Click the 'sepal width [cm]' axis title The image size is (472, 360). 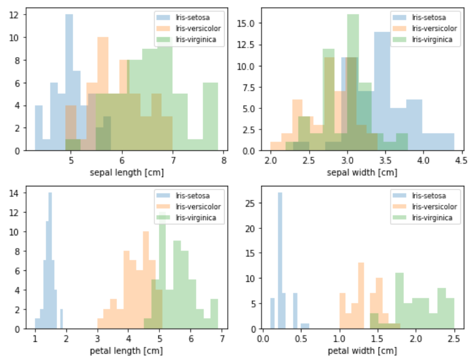point(362,172)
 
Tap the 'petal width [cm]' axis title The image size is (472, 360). point(362,351)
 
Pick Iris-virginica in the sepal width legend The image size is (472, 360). point(431,38)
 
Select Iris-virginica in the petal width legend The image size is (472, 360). point(431,217)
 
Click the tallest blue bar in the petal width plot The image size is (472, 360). point(280,262)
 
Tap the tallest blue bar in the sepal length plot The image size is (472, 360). point(69,82)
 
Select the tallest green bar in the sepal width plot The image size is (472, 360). point(353,82)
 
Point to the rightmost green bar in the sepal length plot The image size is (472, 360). point(211,117)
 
